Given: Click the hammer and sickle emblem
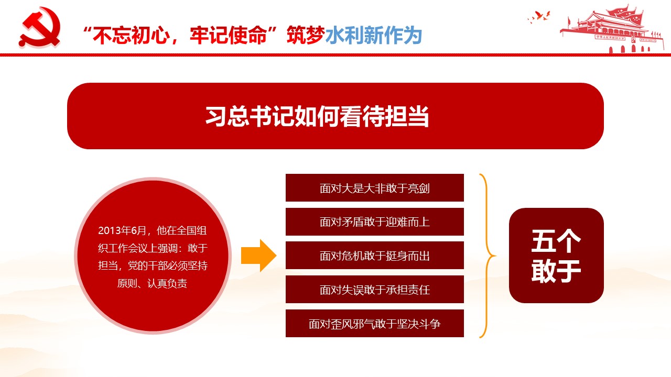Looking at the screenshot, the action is (39, 28).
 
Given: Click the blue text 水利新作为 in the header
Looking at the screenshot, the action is (374, 35).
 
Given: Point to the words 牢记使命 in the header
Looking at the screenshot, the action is (228, 35).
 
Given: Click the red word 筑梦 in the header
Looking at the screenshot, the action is (306, 35).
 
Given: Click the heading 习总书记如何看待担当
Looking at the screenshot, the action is (317, 116).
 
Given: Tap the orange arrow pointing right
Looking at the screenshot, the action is (258, 256).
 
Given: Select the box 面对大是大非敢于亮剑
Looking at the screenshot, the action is (375, 187).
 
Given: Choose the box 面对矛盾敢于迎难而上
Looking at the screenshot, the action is (375, 221).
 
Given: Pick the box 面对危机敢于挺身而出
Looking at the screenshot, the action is (375, 256).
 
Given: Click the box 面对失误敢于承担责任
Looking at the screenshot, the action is (375, 290).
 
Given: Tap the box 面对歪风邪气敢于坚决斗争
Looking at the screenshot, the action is (375, 324).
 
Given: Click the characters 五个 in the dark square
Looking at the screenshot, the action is (556, 241).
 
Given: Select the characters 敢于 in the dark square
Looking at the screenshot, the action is (556, 271).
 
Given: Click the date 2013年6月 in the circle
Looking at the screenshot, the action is (122, 230).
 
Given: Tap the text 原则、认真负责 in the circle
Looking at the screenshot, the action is (152, 283).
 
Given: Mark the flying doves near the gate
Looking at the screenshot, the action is (539, 17).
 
